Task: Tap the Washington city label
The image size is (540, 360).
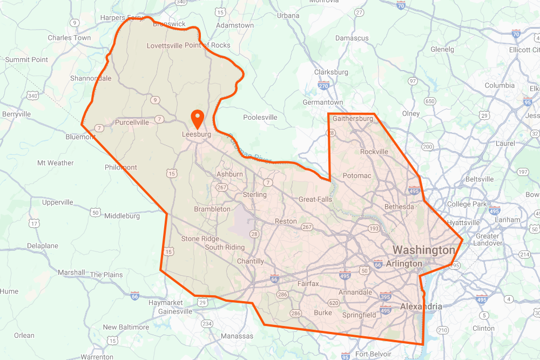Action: [x=423, y=250]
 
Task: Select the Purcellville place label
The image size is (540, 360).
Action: [x=132, y=123]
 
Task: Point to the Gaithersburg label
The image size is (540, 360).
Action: [x=353, y=119]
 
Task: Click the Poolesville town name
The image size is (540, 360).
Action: [x=260, y=117]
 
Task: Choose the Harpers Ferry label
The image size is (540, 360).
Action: [x=122, y=18]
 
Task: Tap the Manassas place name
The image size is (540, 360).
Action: [x=237, y=336]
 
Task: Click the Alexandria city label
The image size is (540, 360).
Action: [x=421, y=307]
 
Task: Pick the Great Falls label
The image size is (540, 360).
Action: [x=315, y=200]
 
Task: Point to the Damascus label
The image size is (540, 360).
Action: [x=352, y=38]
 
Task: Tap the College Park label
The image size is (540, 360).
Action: [x=467, y=205]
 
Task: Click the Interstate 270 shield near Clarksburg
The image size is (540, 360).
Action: [x=324, y=86]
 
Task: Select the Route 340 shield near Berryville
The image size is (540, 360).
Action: [x=32, y=96]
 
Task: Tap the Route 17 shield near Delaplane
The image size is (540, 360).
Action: [x=35, y=223]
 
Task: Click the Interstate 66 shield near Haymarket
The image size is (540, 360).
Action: [x=135, y=296]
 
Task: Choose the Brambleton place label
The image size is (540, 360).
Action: [x=212, y=209]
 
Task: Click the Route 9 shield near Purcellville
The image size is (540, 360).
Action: [x=156, y=100]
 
